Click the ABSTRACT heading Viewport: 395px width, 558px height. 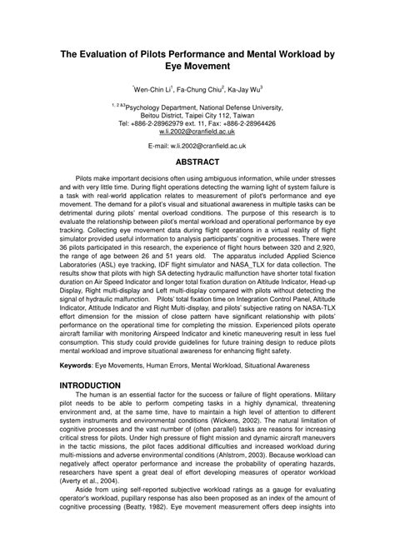click(x=197, y=162)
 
